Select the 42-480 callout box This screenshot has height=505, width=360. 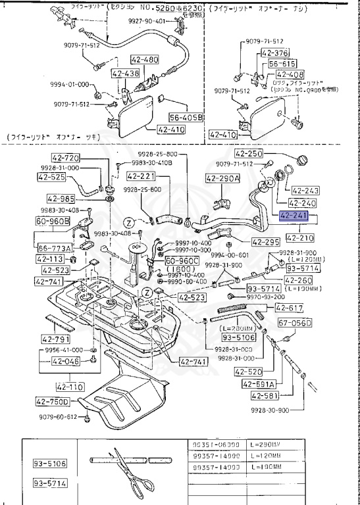pos(144,59)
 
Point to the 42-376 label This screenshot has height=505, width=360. pos(274,53)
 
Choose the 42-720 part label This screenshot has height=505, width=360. pos(65,158)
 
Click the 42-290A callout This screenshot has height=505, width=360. pos(222,178)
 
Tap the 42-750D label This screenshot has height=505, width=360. pos(62,400)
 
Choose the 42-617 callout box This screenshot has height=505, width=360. pos(288,308)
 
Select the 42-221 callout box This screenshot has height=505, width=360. pos(140,176)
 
